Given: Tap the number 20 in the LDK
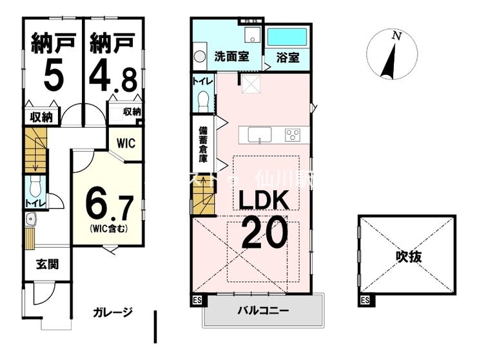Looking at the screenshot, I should [264, 233].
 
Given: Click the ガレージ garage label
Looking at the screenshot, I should [113, 313].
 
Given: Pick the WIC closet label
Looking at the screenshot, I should [126, 143].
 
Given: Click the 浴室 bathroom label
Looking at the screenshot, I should [288, 57].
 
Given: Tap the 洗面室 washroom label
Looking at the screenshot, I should [231, 57].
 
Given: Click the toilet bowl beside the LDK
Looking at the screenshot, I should [204, 100].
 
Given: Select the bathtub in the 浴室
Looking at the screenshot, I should [287, 36].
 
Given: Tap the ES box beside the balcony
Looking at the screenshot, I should [197, 301].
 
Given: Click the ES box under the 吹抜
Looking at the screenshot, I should [365, 301].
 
